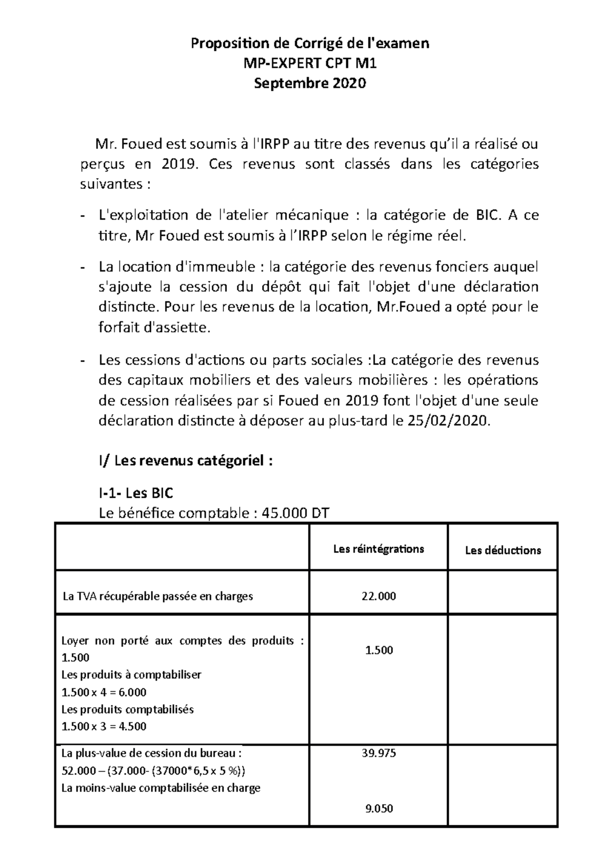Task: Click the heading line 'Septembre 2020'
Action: coord(310,84)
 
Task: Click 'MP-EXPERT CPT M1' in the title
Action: coord(310,64)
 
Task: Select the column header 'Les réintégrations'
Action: coord(378,549)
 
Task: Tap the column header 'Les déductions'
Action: coord(503,550)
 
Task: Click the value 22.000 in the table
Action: coord(379,596)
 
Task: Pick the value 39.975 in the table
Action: coord(379,753)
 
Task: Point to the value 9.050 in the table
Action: coord(379,808)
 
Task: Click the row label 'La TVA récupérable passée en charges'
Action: coord(158,596)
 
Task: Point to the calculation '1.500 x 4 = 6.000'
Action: coord(104,692)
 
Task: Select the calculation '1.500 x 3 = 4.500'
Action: coord(104,726)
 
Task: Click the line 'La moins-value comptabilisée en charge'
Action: coord(161,788)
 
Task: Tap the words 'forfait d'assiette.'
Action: coord(154,329)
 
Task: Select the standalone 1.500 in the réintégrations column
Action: coord(379,650)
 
